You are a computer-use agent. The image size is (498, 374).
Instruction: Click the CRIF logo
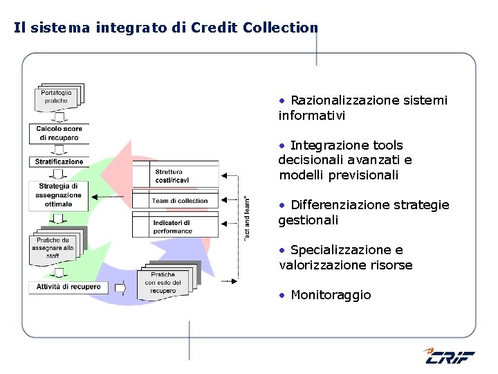click(449, 356)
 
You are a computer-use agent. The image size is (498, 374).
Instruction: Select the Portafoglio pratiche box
click(56, 97)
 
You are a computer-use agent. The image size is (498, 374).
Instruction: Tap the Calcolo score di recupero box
click(58, 133)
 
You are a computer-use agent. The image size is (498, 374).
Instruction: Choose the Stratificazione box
click(59, 162)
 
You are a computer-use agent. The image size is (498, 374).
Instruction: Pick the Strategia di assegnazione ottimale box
click(59, 195)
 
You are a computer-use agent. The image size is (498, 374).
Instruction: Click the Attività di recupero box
click(68, 287)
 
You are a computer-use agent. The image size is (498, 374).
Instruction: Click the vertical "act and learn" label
click(248, 217)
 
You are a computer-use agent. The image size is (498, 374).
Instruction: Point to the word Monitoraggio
click(331, 295)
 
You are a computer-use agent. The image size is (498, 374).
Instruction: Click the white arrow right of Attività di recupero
click(118, 287)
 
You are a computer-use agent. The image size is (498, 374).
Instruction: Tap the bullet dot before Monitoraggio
click(282, 296)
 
